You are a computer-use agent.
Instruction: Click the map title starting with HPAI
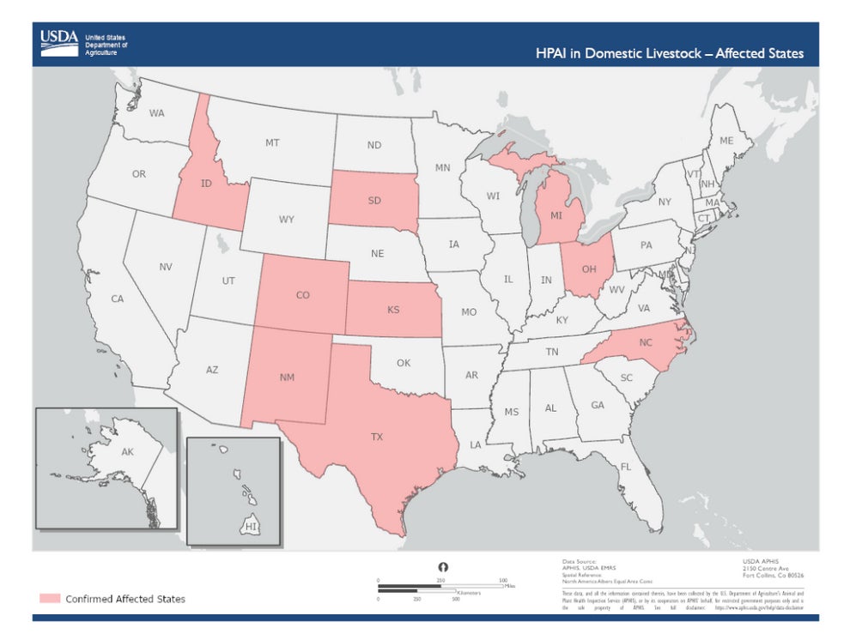[669, 53]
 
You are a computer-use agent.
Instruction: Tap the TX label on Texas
[376, 437]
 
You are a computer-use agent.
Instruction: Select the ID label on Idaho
[206, 184]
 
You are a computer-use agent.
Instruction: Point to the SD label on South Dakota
[374, 201]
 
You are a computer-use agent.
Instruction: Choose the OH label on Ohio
[589, 269]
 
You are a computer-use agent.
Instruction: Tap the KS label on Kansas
[393, 309]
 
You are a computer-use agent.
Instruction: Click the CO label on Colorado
[302, 295]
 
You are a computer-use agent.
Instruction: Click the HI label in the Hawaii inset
[251, 526]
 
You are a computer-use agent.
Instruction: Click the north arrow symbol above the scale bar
[444, 567]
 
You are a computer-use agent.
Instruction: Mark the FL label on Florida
[625, 467]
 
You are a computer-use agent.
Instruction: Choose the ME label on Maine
[725, 141]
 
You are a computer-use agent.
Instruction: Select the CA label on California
[117, 299]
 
